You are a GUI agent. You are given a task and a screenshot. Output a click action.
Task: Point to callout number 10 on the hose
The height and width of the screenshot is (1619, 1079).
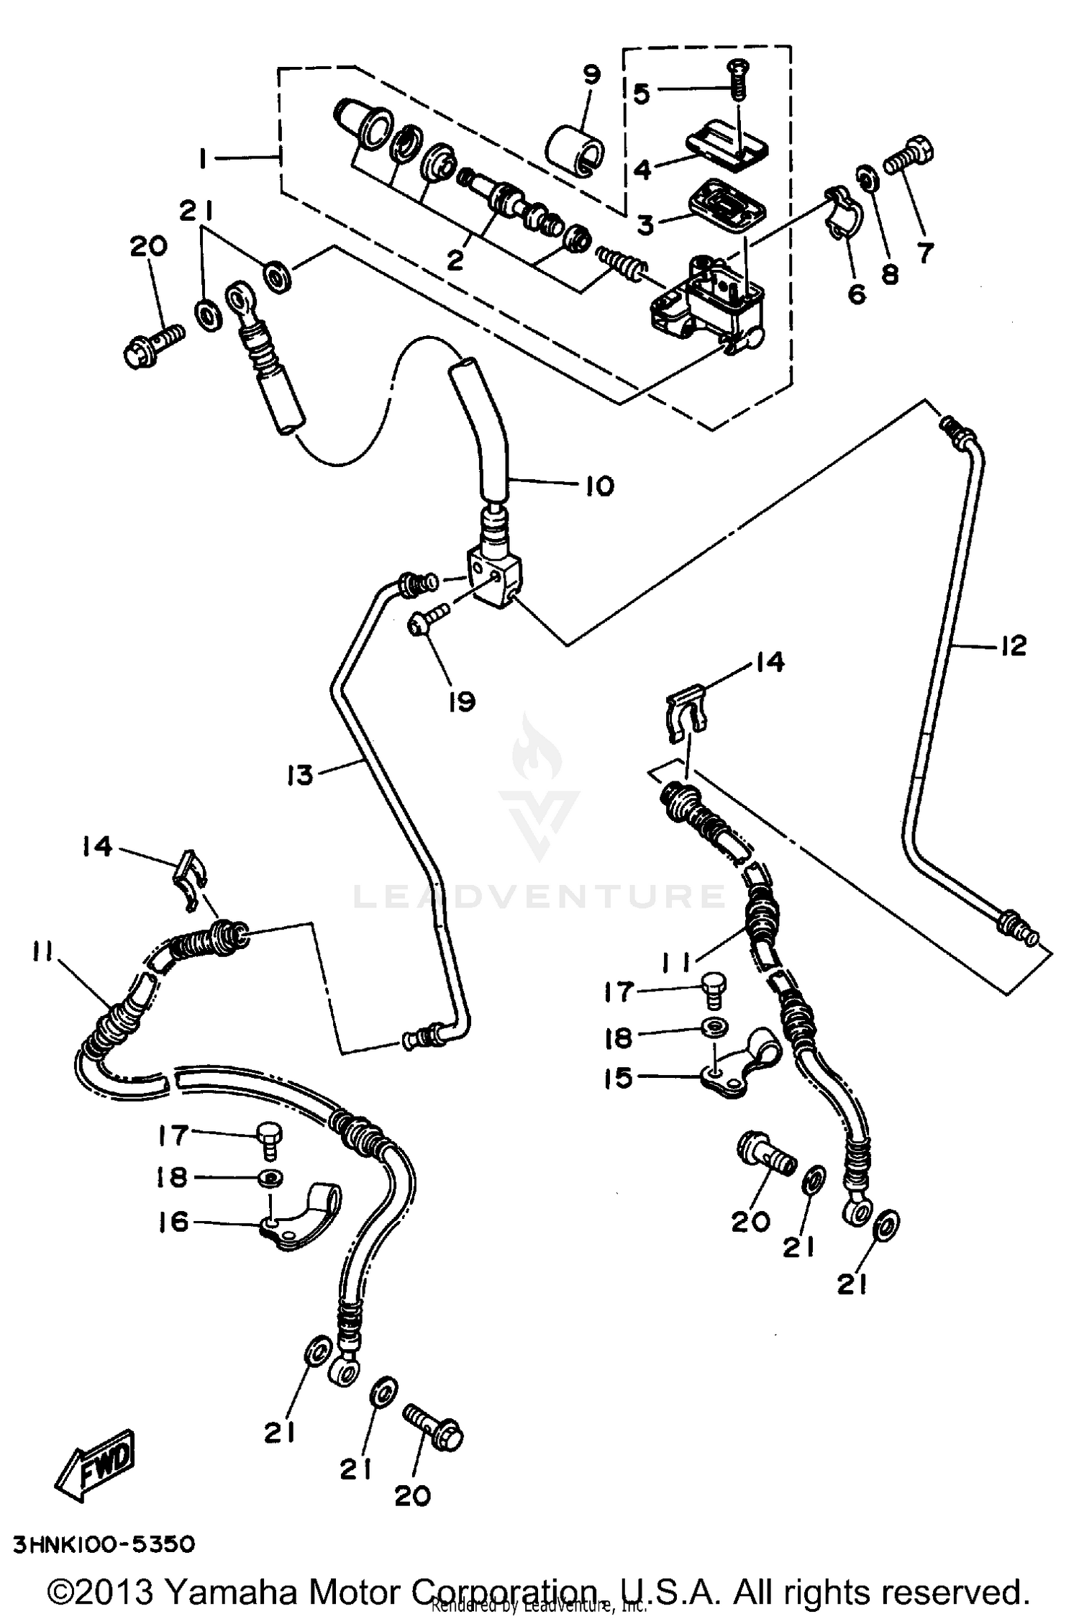599,486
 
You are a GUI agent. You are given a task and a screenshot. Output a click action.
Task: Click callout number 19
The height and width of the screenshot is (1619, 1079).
462,700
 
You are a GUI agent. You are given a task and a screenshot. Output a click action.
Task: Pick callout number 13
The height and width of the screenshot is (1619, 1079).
300,776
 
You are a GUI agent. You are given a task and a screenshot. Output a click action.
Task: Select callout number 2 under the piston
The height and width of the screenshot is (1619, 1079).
455,260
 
